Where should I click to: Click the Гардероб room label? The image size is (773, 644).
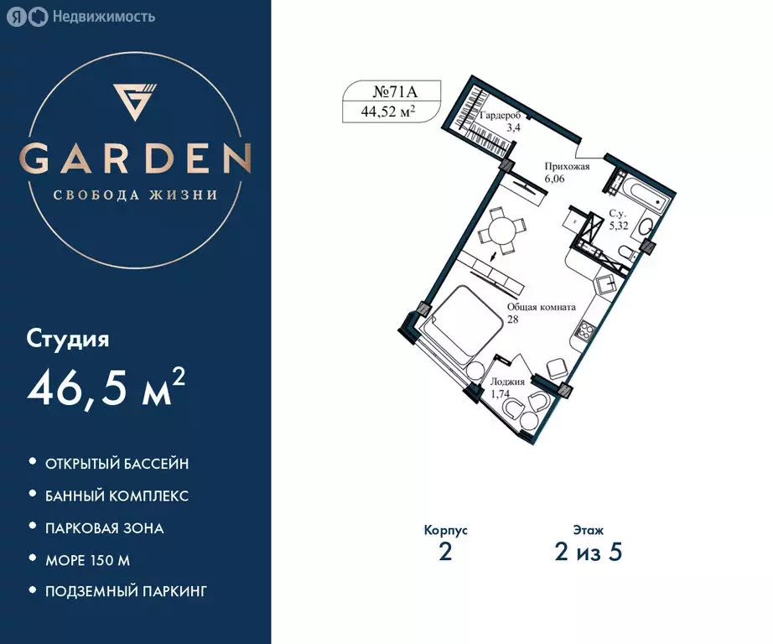click(503, 117)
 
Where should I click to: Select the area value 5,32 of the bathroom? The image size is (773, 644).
click(619, 226)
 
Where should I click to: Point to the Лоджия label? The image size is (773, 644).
click(507, 382)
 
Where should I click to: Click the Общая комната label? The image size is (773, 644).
click(541, 308)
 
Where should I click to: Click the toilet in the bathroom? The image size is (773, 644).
click(646, 228)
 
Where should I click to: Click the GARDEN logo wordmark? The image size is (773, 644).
click(135, 158)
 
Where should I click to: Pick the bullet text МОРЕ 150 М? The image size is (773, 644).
click(88, 559)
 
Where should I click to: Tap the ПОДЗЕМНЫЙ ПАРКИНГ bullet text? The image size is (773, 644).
click(127, 591)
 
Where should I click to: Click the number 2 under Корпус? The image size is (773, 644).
click(445, 553)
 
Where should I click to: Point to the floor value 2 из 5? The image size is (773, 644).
click(589, 553)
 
